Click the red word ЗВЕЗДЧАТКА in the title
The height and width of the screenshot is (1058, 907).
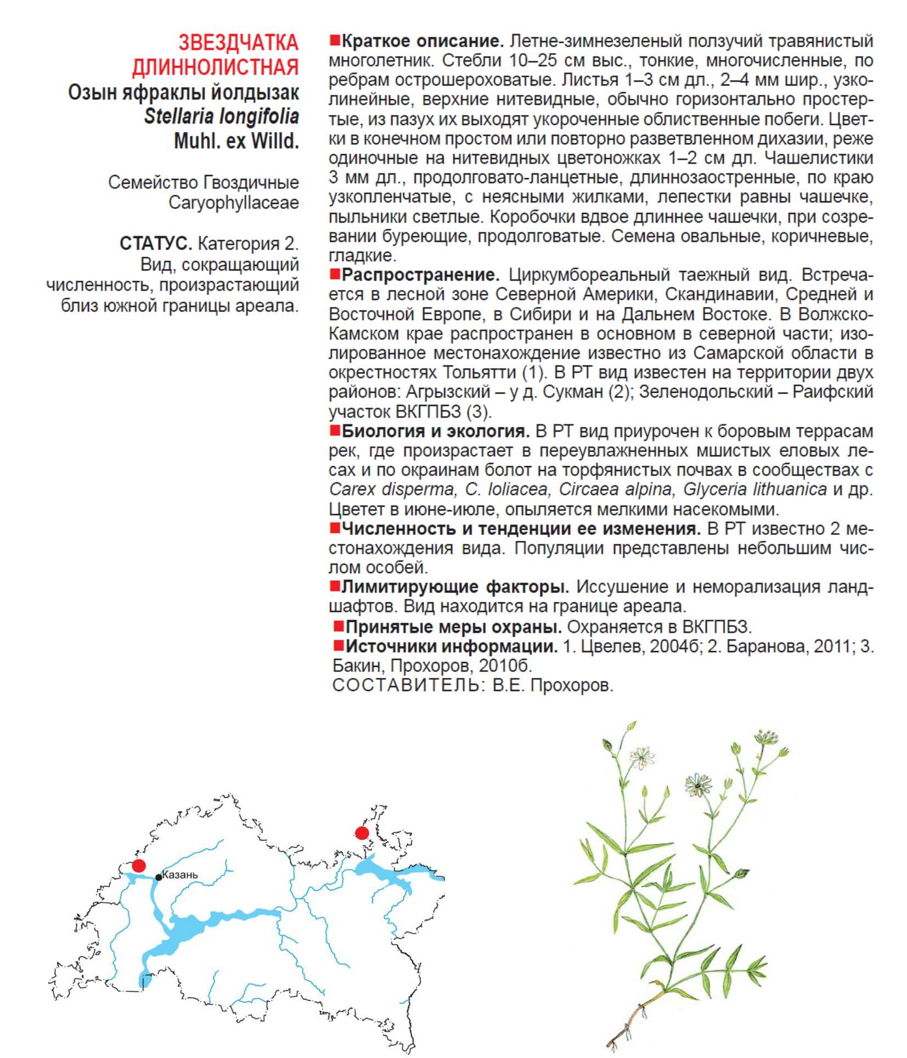click(x=239, y=43)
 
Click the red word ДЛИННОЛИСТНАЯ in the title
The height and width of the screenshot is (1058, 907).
click(x=216, y=67)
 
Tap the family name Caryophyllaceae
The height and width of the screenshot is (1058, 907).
click(x=234, y=202)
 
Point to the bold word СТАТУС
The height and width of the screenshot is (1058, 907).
click(x=155, y=243)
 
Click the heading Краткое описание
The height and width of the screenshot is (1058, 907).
click(x=422, y=41)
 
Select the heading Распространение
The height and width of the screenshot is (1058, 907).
click(x=420, y=275)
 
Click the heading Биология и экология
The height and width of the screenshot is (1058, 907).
click(x=435, y=431)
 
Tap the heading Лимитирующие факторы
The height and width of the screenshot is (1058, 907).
click(x=455, y=587)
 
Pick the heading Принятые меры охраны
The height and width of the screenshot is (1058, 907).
click(x=453, y=626)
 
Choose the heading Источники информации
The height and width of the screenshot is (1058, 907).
click(x=451, y=646)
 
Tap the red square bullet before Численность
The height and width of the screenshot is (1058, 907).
click(x=335, y=528)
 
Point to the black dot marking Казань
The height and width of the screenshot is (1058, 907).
click(x=159, y=878)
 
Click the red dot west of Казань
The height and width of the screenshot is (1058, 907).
click(x=139, y=866)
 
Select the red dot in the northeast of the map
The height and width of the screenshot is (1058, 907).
click(x=362, y=833)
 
